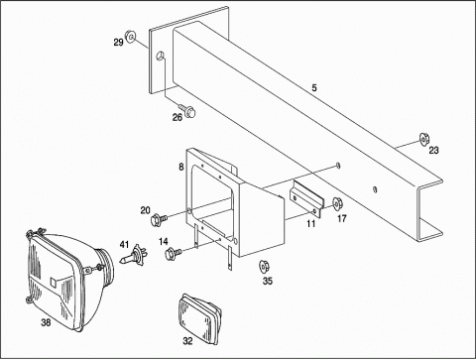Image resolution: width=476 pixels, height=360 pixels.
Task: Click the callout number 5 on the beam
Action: coord(314,88)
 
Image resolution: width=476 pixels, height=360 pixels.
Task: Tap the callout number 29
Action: coord(118,43)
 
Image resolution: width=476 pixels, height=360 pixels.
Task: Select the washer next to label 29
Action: coord(130,36)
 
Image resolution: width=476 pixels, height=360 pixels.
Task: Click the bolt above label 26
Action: coord(187,110)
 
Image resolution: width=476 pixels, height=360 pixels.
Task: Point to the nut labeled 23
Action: coord(423,139)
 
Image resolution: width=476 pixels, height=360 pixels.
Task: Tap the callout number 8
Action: coord(180,167)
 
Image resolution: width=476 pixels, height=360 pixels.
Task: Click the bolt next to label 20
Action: coord(159,219)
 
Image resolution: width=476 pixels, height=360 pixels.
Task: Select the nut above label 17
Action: coord(337,203)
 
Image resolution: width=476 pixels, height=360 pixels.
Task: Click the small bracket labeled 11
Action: coord(306,199)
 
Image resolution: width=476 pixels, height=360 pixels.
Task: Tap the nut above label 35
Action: coord(264,266)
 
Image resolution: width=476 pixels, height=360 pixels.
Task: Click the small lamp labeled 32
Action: coord(200,319)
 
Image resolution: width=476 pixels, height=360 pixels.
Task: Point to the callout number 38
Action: coord(46,322)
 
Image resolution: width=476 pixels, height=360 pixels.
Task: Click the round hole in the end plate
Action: coord(161,56)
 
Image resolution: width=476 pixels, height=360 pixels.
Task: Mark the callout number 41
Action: coord(124,245)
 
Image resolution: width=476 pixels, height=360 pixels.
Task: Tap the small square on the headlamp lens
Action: coord(54,282)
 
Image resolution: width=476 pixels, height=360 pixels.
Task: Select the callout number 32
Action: coord(187,341)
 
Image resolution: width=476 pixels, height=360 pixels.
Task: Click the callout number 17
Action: coord(342,218)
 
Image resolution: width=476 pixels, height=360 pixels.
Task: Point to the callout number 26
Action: coord(178,117)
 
